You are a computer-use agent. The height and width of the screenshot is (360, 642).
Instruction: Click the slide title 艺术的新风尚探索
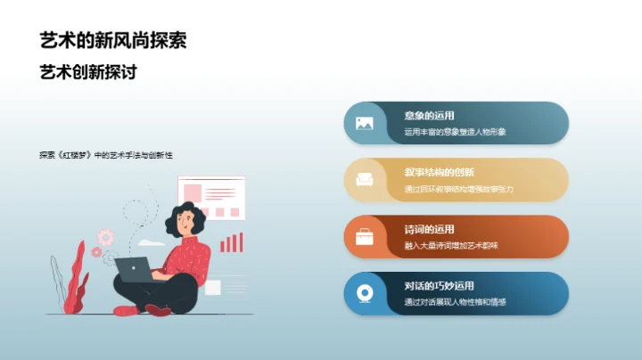click(x=113, y=41)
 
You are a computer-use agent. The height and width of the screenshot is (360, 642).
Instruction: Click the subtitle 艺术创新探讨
click(x=88, y=72)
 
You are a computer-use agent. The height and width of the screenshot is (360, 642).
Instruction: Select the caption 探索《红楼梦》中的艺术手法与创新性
click(x=105, y=154)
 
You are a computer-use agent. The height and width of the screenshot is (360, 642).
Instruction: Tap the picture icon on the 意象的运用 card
click(x=364, y=123)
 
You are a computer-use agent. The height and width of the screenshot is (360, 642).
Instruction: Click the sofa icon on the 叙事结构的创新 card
click(x=364, y=180)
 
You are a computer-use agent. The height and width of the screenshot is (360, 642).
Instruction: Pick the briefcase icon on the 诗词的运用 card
click(x=364, y=237)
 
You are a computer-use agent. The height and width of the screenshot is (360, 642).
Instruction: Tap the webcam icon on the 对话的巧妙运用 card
click(x=364, y=293)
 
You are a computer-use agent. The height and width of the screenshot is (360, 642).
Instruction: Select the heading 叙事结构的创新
click(x=439, y=173)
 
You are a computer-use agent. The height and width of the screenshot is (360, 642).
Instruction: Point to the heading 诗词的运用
click(x=429, y=229)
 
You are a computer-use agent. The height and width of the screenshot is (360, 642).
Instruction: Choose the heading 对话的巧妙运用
click(x=439, y=286)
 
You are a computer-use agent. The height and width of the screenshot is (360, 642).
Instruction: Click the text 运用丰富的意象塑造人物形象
click(x=455, y=132)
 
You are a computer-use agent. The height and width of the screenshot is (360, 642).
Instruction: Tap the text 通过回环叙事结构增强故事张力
click(x=458, y=189)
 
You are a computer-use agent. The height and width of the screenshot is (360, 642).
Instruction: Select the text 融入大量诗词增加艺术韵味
click(x=451, y=245)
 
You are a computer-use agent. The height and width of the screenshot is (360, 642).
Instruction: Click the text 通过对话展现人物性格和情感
click(x=455, y=302)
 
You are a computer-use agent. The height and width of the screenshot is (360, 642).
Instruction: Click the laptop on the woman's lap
click(x=133, y=269)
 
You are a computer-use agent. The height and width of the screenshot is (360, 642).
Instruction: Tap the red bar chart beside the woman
click(x=232, y=242)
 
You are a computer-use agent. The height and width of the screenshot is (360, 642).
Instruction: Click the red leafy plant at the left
click(x=75, y=276)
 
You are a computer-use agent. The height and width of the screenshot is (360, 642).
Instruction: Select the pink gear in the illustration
click(x=106, y=237)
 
